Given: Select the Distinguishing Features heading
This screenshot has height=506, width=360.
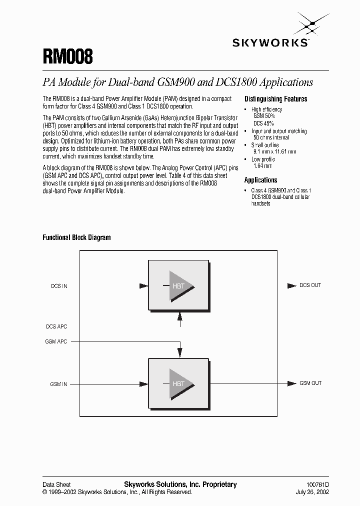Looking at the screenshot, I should [275, 99].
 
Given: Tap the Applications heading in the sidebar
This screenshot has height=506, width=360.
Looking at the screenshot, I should [260, 180].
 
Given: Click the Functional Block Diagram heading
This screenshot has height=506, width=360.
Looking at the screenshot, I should [76, 237].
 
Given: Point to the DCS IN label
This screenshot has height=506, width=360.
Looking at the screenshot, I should [59, 286].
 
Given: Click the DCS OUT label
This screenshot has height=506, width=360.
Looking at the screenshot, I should [310, 285].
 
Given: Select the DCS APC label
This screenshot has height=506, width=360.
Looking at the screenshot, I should [56, 326].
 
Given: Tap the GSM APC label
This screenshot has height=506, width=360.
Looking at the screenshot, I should [56, 341].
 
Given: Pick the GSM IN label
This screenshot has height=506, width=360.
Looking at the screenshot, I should [58, 384].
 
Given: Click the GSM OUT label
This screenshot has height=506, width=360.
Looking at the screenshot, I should [310, 383].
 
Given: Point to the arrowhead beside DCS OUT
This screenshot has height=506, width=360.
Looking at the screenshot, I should [291, 285].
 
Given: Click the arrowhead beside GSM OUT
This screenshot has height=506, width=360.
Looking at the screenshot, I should [291, 383].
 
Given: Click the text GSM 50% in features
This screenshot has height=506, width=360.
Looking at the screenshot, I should [264, 116].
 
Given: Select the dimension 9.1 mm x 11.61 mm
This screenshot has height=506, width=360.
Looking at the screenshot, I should [274, 151].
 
